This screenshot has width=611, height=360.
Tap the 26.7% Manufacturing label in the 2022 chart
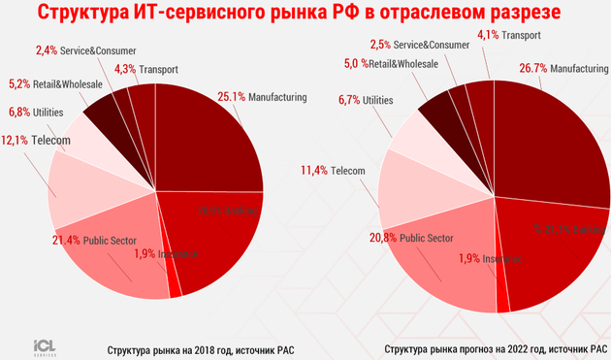(566, 70)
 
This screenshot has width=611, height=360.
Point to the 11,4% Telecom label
(333, 171)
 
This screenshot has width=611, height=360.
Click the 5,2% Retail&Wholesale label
(54, 84)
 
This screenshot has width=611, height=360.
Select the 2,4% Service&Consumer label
(84, 49)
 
